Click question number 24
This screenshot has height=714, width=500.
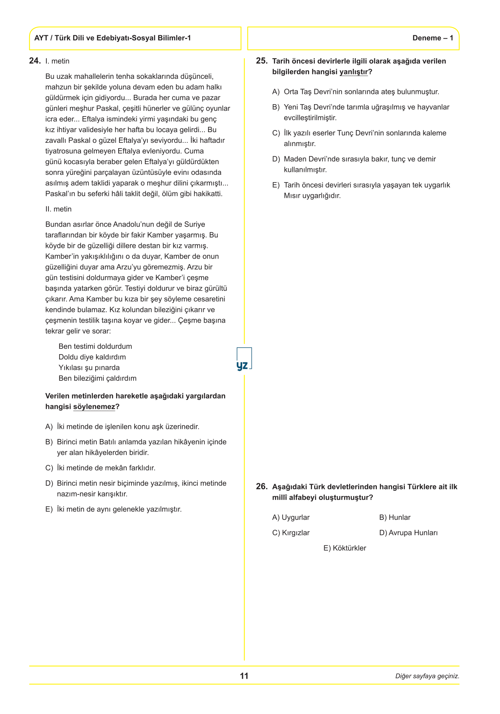35,61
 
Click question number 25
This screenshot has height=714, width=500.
261,61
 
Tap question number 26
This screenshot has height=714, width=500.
261,487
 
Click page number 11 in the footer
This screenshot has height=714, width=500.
244,676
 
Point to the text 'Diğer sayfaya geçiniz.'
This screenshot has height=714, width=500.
427,676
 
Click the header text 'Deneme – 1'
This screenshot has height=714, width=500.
433,38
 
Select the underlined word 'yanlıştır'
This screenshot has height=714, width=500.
353,72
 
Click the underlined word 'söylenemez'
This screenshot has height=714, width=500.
94,407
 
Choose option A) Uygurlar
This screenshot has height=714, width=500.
291,517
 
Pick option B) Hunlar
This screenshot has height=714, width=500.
394,517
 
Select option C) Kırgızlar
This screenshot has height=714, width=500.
291,533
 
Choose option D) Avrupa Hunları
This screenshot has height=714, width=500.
408,533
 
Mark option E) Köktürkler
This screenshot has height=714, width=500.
344,548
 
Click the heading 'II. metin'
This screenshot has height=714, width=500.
58,209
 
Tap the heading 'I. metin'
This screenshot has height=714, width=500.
57,62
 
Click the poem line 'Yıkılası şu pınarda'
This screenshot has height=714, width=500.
89,368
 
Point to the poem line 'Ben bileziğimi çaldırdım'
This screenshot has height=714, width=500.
97,378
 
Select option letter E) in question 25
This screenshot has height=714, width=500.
276,185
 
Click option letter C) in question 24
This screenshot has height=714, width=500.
49,468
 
